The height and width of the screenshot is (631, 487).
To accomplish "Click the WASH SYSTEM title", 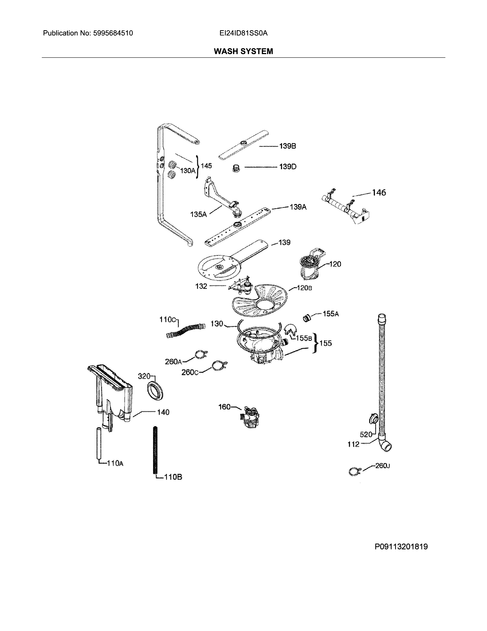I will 243,51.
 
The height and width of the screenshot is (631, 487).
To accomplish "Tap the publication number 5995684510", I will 113,33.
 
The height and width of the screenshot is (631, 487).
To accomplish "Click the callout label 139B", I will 287,146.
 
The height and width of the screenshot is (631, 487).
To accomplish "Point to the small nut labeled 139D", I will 236,168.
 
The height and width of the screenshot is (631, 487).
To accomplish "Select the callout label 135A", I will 198,214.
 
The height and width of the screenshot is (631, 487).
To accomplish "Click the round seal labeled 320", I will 155,391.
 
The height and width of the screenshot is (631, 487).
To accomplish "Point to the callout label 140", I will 163,412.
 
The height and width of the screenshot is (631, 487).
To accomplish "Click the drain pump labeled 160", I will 250,417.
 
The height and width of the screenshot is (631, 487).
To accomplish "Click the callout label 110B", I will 173,477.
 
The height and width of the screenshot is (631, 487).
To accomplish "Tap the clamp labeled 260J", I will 354,472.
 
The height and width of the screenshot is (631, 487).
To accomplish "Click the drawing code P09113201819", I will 401,547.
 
